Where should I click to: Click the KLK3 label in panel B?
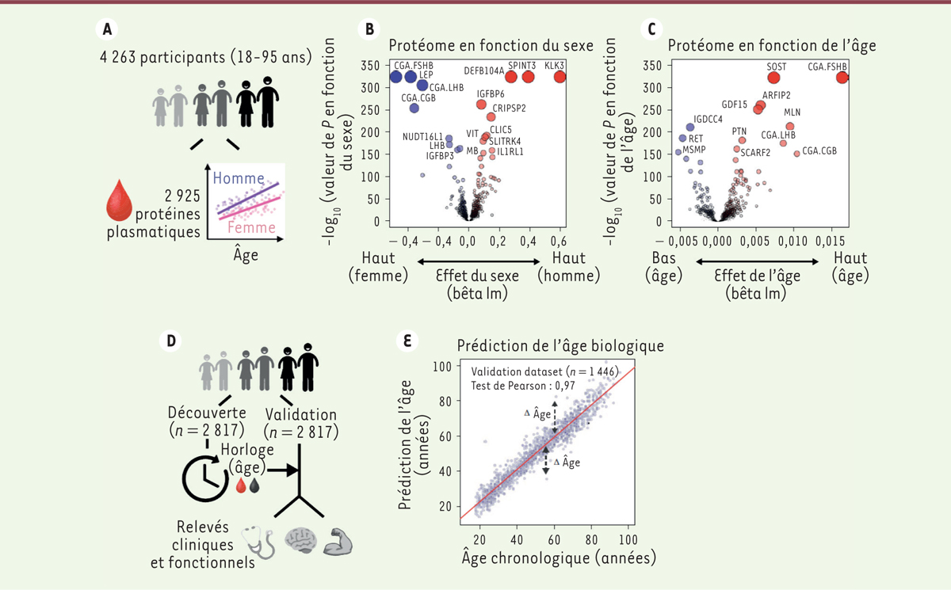coord(554,69)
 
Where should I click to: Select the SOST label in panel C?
coord(777,67)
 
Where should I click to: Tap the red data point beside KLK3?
coord(560,77)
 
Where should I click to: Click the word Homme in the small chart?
coord(239,178)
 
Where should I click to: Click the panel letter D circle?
coord(169,341)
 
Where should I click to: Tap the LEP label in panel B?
coord(426,74)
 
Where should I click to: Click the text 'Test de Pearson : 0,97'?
coord(528,386)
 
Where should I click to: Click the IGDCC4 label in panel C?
coord(708,120)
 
